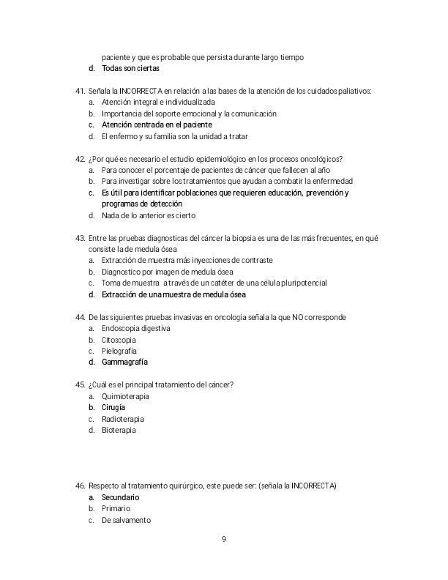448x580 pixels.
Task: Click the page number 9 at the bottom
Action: pos(224,540)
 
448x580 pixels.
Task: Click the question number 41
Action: pos(81,91)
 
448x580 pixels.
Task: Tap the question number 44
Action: pos(81,317)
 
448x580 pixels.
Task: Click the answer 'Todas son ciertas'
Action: pos(130,68)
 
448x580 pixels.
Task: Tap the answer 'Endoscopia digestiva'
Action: pos(136,329)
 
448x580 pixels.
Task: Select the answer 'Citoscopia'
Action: pos(119,340)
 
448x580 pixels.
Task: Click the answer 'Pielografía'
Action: pos(119,351)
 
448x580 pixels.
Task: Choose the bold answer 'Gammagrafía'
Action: pos(124,362)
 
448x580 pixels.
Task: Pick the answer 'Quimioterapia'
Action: pos(125,396)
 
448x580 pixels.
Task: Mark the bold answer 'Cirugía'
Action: pos(113,407)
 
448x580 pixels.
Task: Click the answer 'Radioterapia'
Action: pos(122,419)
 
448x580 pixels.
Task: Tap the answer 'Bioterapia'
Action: pos(119,430)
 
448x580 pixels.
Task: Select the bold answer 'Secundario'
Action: pos(120,497)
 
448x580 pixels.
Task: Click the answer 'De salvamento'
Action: pos(126,520)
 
